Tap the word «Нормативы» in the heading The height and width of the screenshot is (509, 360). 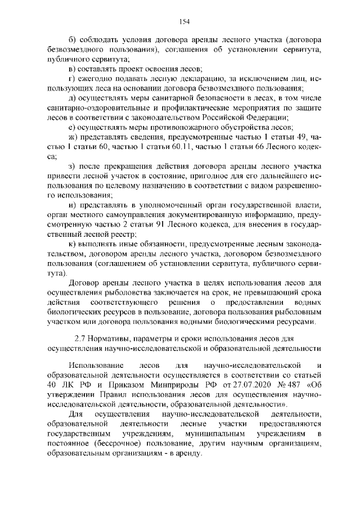pyautogui.click(x=113, y=339)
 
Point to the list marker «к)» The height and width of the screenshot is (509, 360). pyautogui.click(x=71, y=243)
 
